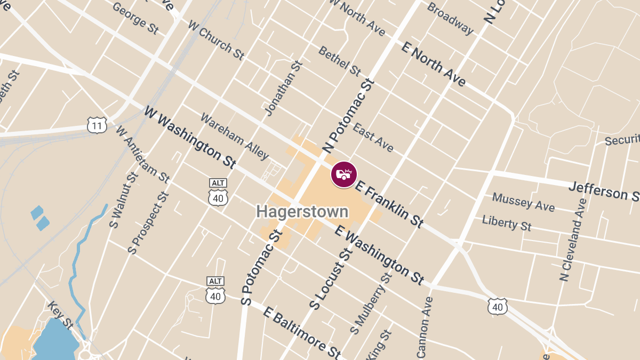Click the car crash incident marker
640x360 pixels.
344,174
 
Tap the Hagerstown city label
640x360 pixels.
302,211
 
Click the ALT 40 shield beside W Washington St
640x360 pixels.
218,194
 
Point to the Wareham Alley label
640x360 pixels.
235,137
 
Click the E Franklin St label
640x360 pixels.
390,205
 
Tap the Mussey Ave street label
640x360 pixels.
523,202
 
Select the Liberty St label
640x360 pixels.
507,222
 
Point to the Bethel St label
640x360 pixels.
340,60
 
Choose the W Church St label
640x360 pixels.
216,41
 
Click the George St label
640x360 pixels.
135,18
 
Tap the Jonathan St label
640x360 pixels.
283,88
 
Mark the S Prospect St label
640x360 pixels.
148,222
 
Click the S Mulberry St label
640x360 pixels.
371,302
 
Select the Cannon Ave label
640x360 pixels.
426,327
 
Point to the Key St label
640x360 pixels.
60,314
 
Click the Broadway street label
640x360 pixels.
450,19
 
